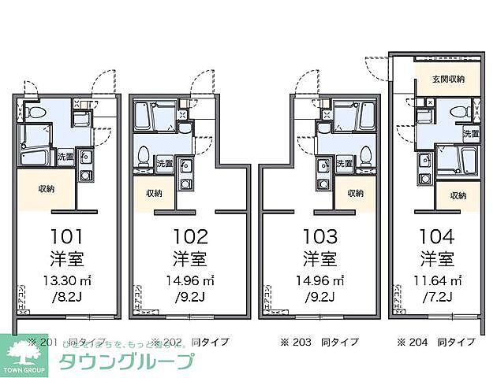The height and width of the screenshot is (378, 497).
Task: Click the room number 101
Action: tap(66, 236)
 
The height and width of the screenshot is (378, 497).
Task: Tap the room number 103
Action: tap(319, 236)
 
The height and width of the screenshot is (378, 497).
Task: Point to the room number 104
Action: tap(435, 236)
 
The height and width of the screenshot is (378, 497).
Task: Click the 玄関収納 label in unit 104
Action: tap(447, 79)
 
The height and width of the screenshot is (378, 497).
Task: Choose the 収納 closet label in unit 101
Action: tap(47, 189)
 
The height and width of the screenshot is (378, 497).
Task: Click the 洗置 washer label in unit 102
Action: tap(164, 164)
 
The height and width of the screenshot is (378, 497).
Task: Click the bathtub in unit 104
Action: tap(458, 163)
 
